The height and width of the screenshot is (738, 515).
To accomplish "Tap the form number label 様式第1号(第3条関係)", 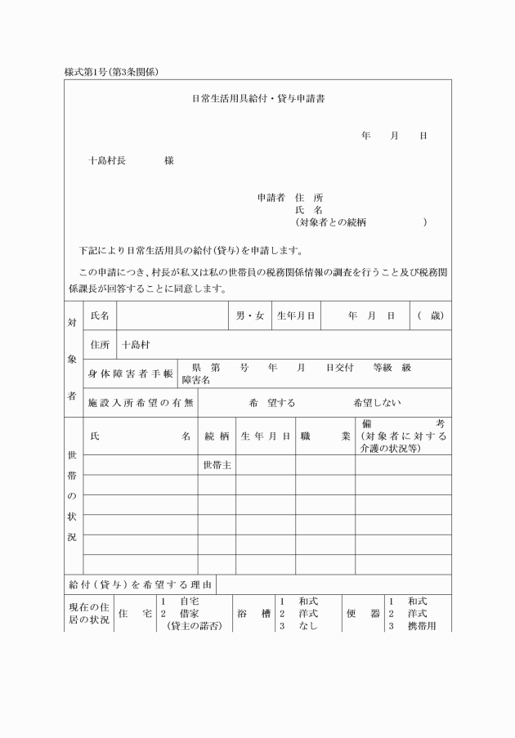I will pos(111,72).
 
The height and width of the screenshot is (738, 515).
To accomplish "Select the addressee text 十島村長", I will pos(107,161).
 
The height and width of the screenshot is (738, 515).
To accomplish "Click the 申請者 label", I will pos(271,198).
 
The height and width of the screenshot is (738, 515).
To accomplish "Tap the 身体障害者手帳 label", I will pos(131,373).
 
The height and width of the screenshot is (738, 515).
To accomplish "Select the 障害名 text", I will pos(196,380).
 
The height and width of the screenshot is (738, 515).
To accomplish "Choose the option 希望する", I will pos(272,403).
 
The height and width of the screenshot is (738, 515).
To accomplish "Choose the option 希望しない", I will pos(378,403).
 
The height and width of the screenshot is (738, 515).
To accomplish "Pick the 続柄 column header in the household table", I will pos(217,436).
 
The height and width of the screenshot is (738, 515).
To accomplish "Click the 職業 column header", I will pos(325,436).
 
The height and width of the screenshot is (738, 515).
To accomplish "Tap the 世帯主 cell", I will pos(217,465).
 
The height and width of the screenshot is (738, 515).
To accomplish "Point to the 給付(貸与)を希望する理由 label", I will pos(139,585).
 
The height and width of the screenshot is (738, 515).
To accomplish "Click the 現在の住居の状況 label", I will pos(87,613).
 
